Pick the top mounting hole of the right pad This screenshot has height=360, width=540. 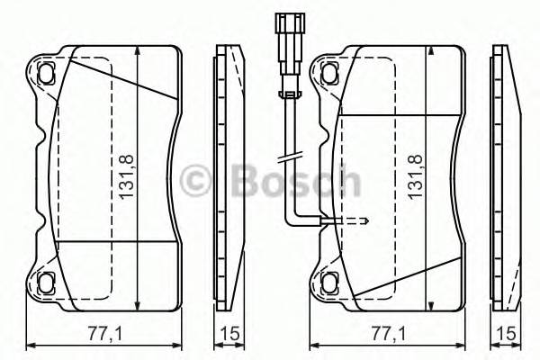coord(328,69)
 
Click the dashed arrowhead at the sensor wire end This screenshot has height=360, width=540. coord(364,220)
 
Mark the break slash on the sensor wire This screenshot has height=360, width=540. coord(288,158)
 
